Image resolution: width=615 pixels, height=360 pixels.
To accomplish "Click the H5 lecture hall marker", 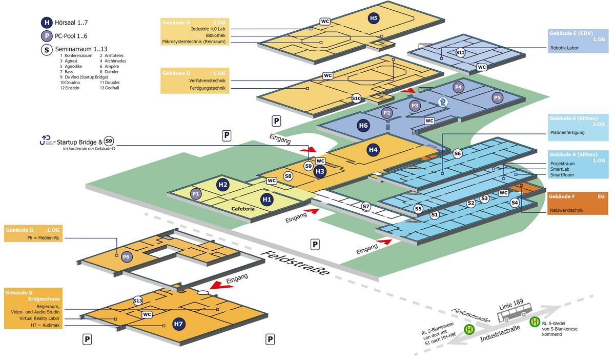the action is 374,18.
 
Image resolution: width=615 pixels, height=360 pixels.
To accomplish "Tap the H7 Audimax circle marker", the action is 178,324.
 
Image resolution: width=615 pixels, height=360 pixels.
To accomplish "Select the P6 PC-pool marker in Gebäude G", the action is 126,257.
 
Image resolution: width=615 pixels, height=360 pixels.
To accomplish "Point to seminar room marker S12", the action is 460,52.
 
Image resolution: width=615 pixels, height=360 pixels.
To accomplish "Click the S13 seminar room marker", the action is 137,301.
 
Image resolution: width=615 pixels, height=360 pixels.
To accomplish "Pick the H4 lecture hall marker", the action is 373,150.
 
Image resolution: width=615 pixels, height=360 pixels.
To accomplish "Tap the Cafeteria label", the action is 243,209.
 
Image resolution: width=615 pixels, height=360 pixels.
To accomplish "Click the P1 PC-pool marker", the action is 195,194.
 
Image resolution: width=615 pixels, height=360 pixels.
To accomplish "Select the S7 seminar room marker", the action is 365,206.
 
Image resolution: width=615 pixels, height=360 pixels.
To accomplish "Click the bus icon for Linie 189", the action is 515,312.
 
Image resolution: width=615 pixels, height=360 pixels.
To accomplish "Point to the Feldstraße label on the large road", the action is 295,263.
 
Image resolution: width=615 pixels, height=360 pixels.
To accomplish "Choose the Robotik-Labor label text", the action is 564,48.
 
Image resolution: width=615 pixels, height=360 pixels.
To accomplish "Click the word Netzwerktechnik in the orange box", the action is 566,210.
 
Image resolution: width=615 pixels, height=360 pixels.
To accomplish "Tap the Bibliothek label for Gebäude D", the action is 216,35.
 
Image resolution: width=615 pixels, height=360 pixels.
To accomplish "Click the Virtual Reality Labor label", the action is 39,318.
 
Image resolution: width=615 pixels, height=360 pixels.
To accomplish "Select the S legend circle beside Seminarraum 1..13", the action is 47,50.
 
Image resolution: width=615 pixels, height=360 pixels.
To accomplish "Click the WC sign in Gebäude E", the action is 482,67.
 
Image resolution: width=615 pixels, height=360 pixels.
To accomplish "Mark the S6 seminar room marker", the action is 457,153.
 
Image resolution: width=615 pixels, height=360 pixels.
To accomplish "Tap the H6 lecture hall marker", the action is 363,126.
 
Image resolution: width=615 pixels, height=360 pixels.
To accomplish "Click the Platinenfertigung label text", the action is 567,132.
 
